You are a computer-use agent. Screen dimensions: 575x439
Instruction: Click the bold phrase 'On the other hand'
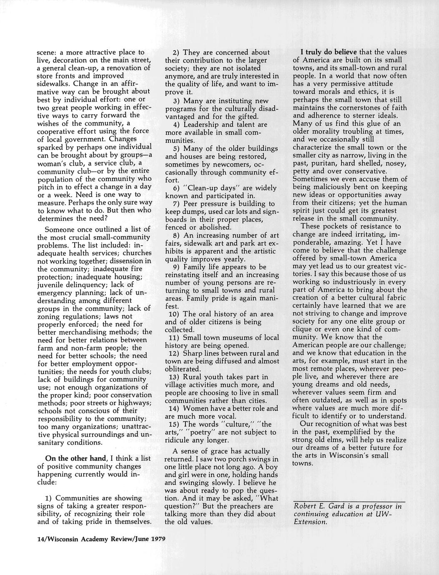pyautogui.click(x=75, y=458)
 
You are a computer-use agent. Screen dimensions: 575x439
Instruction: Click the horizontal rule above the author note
pyautogui.click(x=349, y=501)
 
